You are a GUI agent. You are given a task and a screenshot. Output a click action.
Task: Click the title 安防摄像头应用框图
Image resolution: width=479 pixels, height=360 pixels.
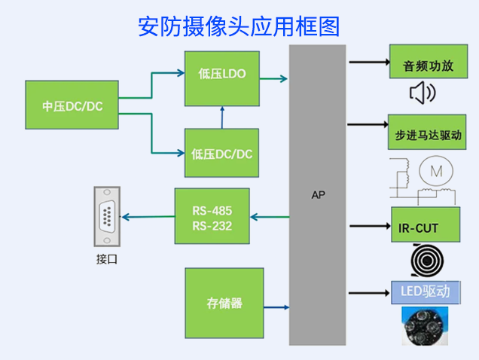(x=239, y=26)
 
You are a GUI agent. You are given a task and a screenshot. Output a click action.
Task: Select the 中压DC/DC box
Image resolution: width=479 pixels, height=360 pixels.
(x=72, y=106)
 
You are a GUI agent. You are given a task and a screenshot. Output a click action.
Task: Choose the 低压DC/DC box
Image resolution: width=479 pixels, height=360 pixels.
(x=221, y=154)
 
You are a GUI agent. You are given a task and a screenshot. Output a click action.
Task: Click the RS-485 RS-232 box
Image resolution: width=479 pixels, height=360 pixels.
(x=212, y=216)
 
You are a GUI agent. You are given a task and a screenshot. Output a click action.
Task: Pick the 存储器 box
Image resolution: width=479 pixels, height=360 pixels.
(x=224, y=303)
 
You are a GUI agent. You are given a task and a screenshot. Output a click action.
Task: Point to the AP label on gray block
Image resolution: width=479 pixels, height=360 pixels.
(x=319, y=195)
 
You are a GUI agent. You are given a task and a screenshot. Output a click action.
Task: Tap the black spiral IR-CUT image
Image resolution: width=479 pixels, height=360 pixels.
(x=426, y=260)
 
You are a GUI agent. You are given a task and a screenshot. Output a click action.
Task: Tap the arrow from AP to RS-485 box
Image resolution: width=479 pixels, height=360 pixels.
(x=269, y=217)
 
